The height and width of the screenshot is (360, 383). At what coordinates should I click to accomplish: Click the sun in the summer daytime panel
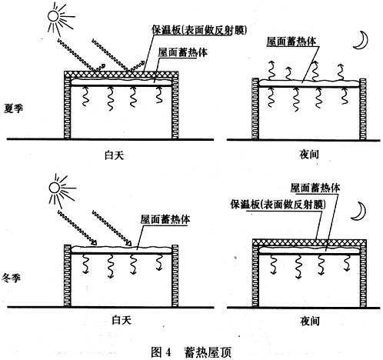coord(53,16)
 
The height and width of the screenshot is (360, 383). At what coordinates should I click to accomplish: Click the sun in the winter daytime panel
coord(55,188)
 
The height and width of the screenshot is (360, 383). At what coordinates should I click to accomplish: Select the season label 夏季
coord(13,108)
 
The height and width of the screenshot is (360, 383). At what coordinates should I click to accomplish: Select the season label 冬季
coord(12,278)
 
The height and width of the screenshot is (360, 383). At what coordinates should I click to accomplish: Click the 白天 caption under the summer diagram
coord(115,155)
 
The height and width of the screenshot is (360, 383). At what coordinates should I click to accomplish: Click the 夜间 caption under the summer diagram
coord(309,155)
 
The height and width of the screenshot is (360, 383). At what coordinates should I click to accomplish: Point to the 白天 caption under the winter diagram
coord(122,320)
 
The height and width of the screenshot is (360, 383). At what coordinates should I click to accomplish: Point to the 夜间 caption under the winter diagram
coord(310,321)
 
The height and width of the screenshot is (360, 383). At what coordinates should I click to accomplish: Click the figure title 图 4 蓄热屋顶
coord(191,352)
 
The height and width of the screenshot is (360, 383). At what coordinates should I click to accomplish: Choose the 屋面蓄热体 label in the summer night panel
coord(291,42)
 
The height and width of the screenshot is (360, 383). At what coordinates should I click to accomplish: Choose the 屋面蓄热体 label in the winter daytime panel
coord(165,219)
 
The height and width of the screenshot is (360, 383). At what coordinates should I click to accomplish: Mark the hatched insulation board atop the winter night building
coord(309,242)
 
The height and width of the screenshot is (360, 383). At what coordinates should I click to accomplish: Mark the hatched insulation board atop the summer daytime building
coord(122,74)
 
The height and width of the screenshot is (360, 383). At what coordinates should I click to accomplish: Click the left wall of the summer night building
coord(255,108)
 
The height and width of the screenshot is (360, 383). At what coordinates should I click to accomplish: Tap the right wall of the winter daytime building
coord(175,275)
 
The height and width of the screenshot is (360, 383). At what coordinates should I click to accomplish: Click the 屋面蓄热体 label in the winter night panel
coord(315,188)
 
